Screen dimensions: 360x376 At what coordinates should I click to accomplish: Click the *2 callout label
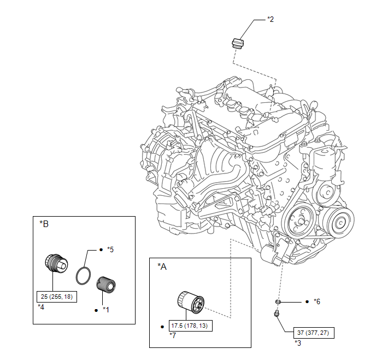click(x=271, y=19)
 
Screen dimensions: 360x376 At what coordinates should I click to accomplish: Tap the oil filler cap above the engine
click(x=237, y=43)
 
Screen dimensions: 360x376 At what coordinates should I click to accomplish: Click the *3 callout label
click(x=298, y=343)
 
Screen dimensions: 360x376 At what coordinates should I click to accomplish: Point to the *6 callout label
click(x=317, y=301)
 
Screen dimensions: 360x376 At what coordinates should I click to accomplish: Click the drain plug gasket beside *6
click(x=278, y=301)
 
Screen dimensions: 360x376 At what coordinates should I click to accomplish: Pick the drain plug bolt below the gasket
click(x=276, y=313)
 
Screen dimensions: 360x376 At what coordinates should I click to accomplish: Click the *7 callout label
click(x=173, y=335)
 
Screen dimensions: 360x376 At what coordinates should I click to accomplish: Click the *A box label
click(x=162, y=266)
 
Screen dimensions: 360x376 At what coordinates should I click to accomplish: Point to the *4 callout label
click(x=41, y=307)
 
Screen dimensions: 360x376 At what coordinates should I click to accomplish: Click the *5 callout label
click(x=110, y=249)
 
